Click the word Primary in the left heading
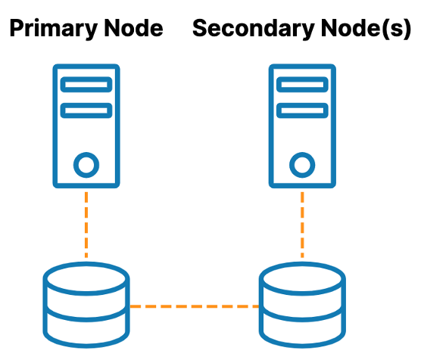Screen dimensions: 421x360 click(x=54, y=29)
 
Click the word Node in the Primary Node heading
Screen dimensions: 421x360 click(x=133, y=28)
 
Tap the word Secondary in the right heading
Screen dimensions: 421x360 click(x=254, y=29)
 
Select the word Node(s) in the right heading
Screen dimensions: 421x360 click(x=366, y=29)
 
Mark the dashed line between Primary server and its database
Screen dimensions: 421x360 click(x=86, y=225)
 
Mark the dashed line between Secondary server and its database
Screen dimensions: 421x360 click(x=302, y=225)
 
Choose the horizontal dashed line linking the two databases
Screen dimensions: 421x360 click(x=195, y=306)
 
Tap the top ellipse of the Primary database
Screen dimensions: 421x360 click(x=86, y=264)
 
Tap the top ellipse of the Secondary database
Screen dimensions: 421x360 click(x=302, y=264)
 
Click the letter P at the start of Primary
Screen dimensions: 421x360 click(x=16, y=28)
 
